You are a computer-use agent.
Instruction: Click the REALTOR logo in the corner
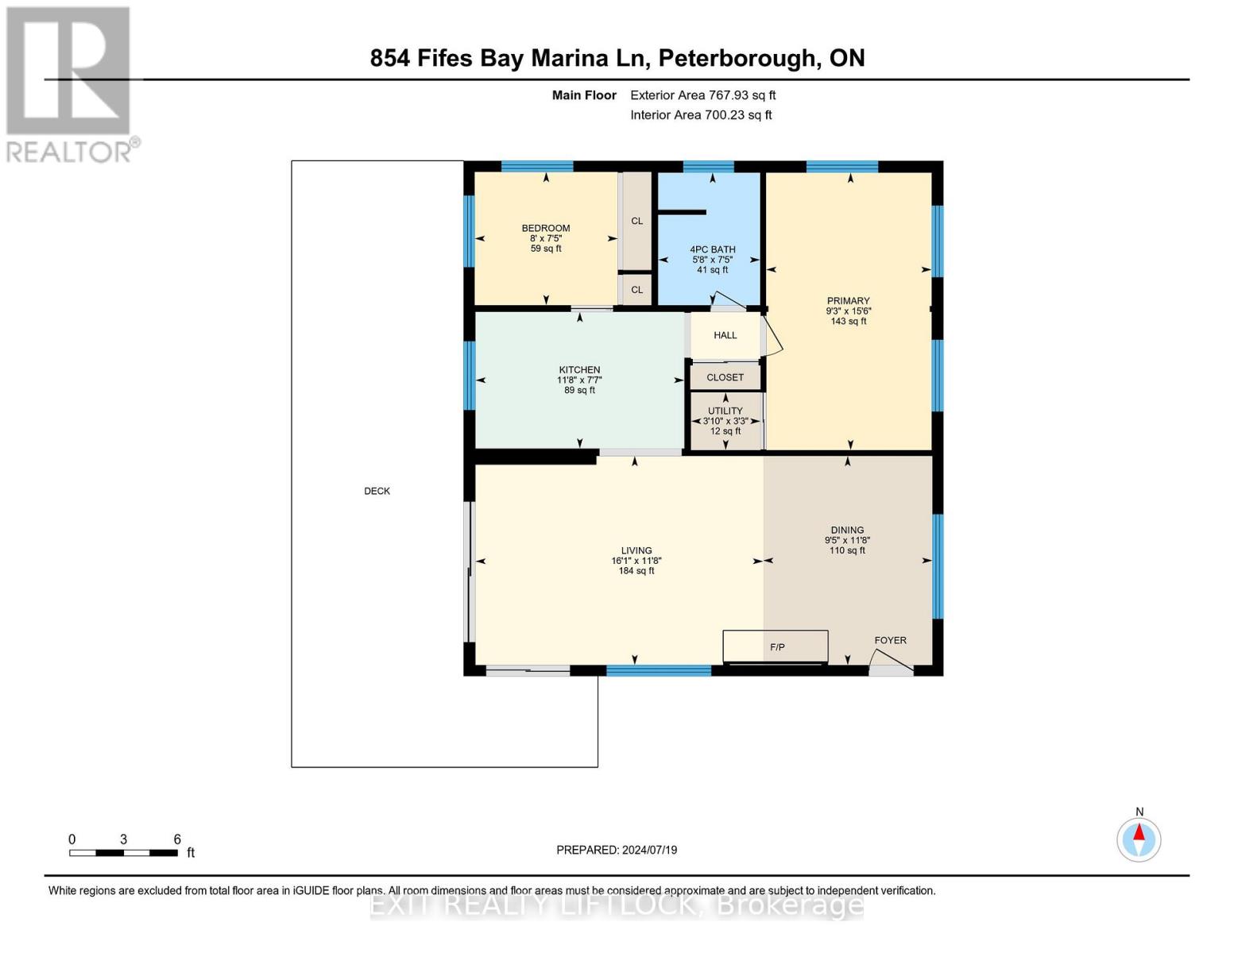point(70,83)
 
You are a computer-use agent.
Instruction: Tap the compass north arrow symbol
point(1139,839)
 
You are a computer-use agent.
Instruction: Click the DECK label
point(377,491)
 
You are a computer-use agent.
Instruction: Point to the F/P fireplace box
point(776,646)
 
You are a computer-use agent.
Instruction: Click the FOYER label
point(890,640)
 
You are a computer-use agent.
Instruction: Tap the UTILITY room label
point(725,411)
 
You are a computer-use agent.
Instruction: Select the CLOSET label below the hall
point(725,377)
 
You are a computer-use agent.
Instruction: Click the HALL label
point(725,335)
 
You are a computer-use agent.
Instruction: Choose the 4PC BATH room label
point(712,249)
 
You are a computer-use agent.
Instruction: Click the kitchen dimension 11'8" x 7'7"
point(579,380)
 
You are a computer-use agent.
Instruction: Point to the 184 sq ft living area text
point(636,571)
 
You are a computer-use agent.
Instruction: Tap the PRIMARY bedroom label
point(848,301)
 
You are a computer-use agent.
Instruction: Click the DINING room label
point(847,530)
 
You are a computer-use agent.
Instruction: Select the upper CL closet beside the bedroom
point(636,221)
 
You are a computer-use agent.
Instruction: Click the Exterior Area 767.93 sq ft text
point(702,95)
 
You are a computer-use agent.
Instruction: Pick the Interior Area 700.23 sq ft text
point(701,115)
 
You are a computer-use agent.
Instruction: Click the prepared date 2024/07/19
point(649,850)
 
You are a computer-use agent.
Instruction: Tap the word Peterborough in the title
point(737,58)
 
